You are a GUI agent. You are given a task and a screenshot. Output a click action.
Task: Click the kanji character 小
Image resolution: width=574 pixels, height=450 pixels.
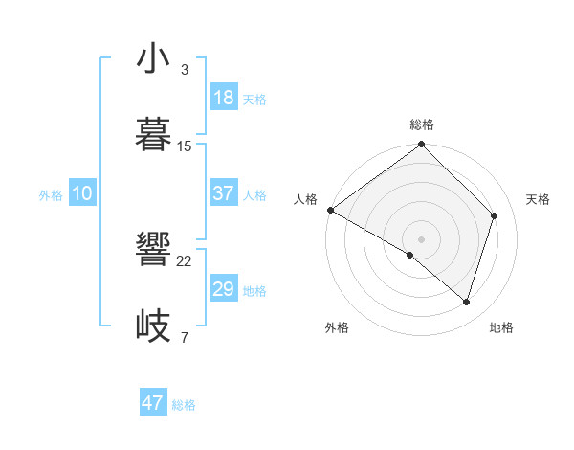coord(154,58)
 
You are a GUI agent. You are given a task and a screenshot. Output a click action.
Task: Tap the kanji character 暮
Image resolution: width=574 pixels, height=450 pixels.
coord(154,134)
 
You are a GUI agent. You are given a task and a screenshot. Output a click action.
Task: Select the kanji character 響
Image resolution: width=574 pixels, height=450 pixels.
coord(154,251)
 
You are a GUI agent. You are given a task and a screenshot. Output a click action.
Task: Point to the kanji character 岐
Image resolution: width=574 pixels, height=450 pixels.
coord(154,326)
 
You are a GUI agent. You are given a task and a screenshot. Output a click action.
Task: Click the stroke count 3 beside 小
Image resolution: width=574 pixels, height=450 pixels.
coord(184,70)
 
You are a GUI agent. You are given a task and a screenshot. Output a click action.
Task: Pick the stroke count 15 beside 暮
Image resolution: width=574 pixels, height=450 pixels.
coord(185,146)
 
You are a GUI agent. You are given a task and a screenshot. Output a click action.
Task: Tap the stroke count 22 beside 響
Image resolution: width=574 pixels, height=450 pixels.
coord(185,261)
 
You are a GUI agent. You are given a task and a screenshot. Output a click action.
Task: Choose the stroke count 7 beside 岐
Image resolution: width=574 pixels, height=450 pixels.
coord(184,337)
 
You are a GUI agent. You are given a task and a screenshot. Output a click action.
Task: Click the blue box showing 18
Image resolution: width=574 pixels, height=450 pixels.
coord(224,98)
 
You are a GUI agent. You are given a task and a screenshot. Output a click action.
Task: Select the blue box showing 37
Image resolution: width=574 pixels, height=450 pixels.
coord(224,193)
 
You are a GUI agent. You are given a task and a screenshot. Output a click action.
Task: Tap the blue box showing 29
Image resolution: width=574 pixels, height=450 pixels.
coord(224,289)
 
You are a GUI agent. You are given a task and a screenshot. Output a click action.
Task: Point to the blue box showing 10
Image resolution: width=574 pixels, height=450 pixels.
coord(82,193)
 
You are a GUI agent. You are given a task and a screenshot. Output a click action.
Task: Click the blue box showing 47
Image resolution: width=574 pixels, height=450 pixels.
coord(153,403)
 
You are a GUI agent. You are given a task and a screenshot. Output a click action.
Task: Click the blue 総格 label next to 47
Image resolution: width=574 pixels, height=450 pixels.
coord(184,405)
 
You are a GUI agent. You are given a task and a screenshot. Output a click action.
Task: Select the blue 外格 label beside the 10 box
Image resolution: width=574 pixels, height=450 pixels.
coord(51,195)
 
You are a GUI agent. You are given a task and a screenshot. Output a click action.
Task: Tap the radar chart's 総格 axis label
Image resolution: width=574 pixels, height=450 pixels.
coord(422,124)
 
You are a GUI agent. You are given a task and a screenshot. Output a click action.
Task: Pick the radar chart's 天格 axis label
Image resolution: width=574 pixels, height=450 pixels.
coord(538,199)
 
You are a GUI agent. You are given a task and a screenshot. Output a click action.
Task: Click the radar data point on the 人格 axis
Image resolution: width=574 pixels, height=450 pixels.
coord(330,210)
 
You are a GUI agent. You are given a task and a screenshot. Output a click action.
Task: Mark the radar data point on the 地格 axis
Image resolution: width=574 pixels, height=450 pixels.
coord(467,302)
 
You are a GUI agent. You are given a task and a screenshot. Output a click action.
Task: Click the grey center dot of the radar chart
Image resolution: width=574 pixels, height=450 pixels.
coord(422,238)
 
